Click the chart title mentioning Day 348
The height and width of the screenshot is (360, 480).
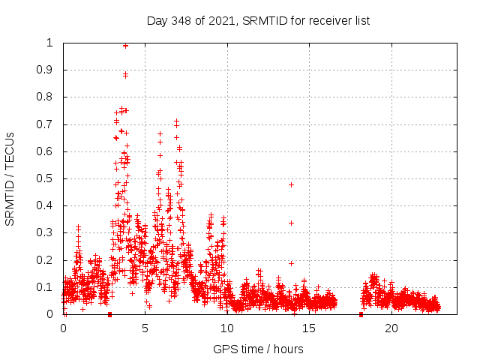tap(258, 20)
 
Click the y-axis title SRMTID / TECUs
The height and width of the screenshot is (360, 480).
tap(10, 178)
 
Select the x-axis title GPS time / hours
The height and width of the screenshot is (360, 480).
tap(258, 349)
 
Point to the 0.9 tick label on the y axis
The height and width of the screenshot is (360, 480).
tap(49, 70)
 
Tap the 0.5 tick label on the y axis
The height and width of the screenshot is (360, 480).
tap(49, 178)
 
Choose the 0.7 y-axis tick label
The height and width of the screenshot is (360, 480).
tap(49, 124)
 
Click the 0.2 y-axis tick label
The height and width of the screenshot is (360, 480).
tap(49, 260)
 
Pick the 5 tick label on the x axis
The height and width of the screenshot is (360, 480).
tap(145, 328)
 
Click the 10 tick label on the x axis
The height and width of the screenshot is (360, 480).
tap(227, 328)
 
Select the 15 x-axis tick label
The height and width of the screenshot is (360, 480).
tap(310, 328)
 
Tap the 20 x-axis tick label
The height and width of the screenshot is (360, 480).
tap(392, 328)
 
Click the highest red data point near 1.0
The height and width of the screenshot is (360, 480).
tap(125, 45)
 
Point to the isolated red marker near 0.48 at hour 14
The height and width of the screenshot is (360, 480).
tap(291, 184)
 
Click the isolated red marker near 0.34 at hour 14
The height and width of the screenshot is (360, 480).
tap(291, 223)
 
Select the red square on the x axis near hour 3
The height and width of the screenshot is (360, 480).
tap(109, 314)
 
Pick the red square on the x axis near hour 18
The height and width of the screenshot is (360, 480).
tap(361, 314)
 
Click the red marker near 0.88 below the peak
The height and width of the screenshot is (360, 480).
tap(125, 74)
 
